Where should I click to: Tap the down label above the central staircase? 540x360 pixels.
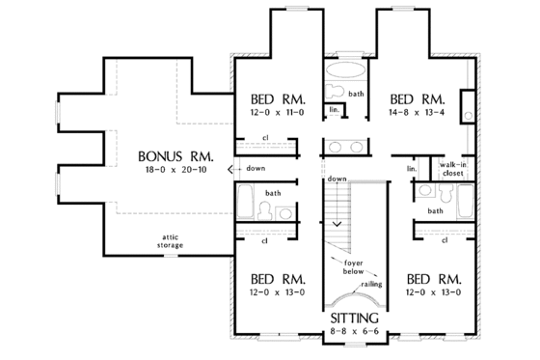coord(337,180)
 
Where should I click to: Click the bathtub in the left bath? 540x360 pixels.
coord(247,206)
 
